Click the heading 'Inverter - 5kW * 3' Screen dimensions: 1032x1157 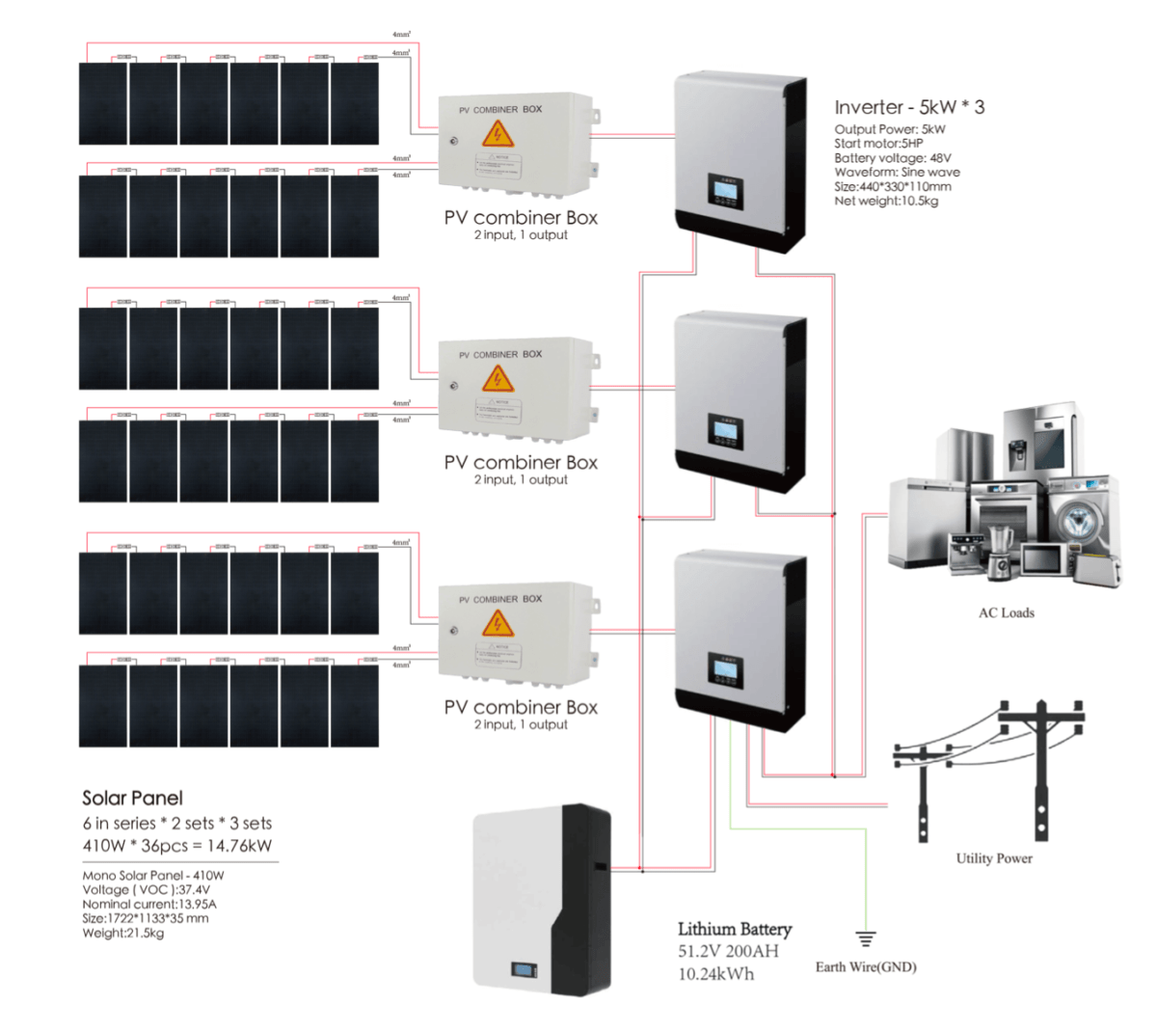click(909, 107)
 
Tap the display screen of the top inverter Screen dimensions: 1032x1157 click(725, 190)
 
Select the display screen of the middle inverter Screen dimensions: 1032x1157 click(725, 429)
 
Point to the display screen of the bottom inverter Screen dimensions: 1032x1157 click(725, 668)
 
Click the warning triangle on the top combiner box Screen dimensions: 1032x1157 click(498, 134)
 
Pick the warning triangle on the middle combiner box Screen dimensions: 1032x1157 click(498, 379)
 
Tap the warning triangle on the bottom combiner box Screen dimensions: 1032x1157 click(498, 624)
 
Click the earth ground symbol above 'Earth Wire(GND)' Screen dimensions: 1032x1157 click(866, 937)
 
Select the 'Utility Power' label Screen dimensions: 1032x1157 click(993, 858)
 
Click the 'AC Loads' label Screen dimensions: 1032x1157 click(1006, 612)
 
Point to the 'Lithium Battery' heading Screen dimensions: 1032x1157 click(734, 929)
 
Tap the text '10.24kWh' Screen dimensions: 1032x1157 click(715, 974)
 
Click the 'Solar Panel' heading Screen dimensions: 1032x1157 click(132, 798)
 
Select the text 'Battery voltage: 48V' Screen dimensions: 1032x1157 click(892, 158)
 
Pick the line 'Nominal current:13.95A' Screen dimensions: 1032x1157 click(149, 904)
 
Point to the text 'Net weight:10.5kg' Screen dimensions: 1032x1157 click(885, 201)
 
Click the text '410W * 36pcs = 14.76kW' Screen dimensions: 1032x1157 click(176, 846)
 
